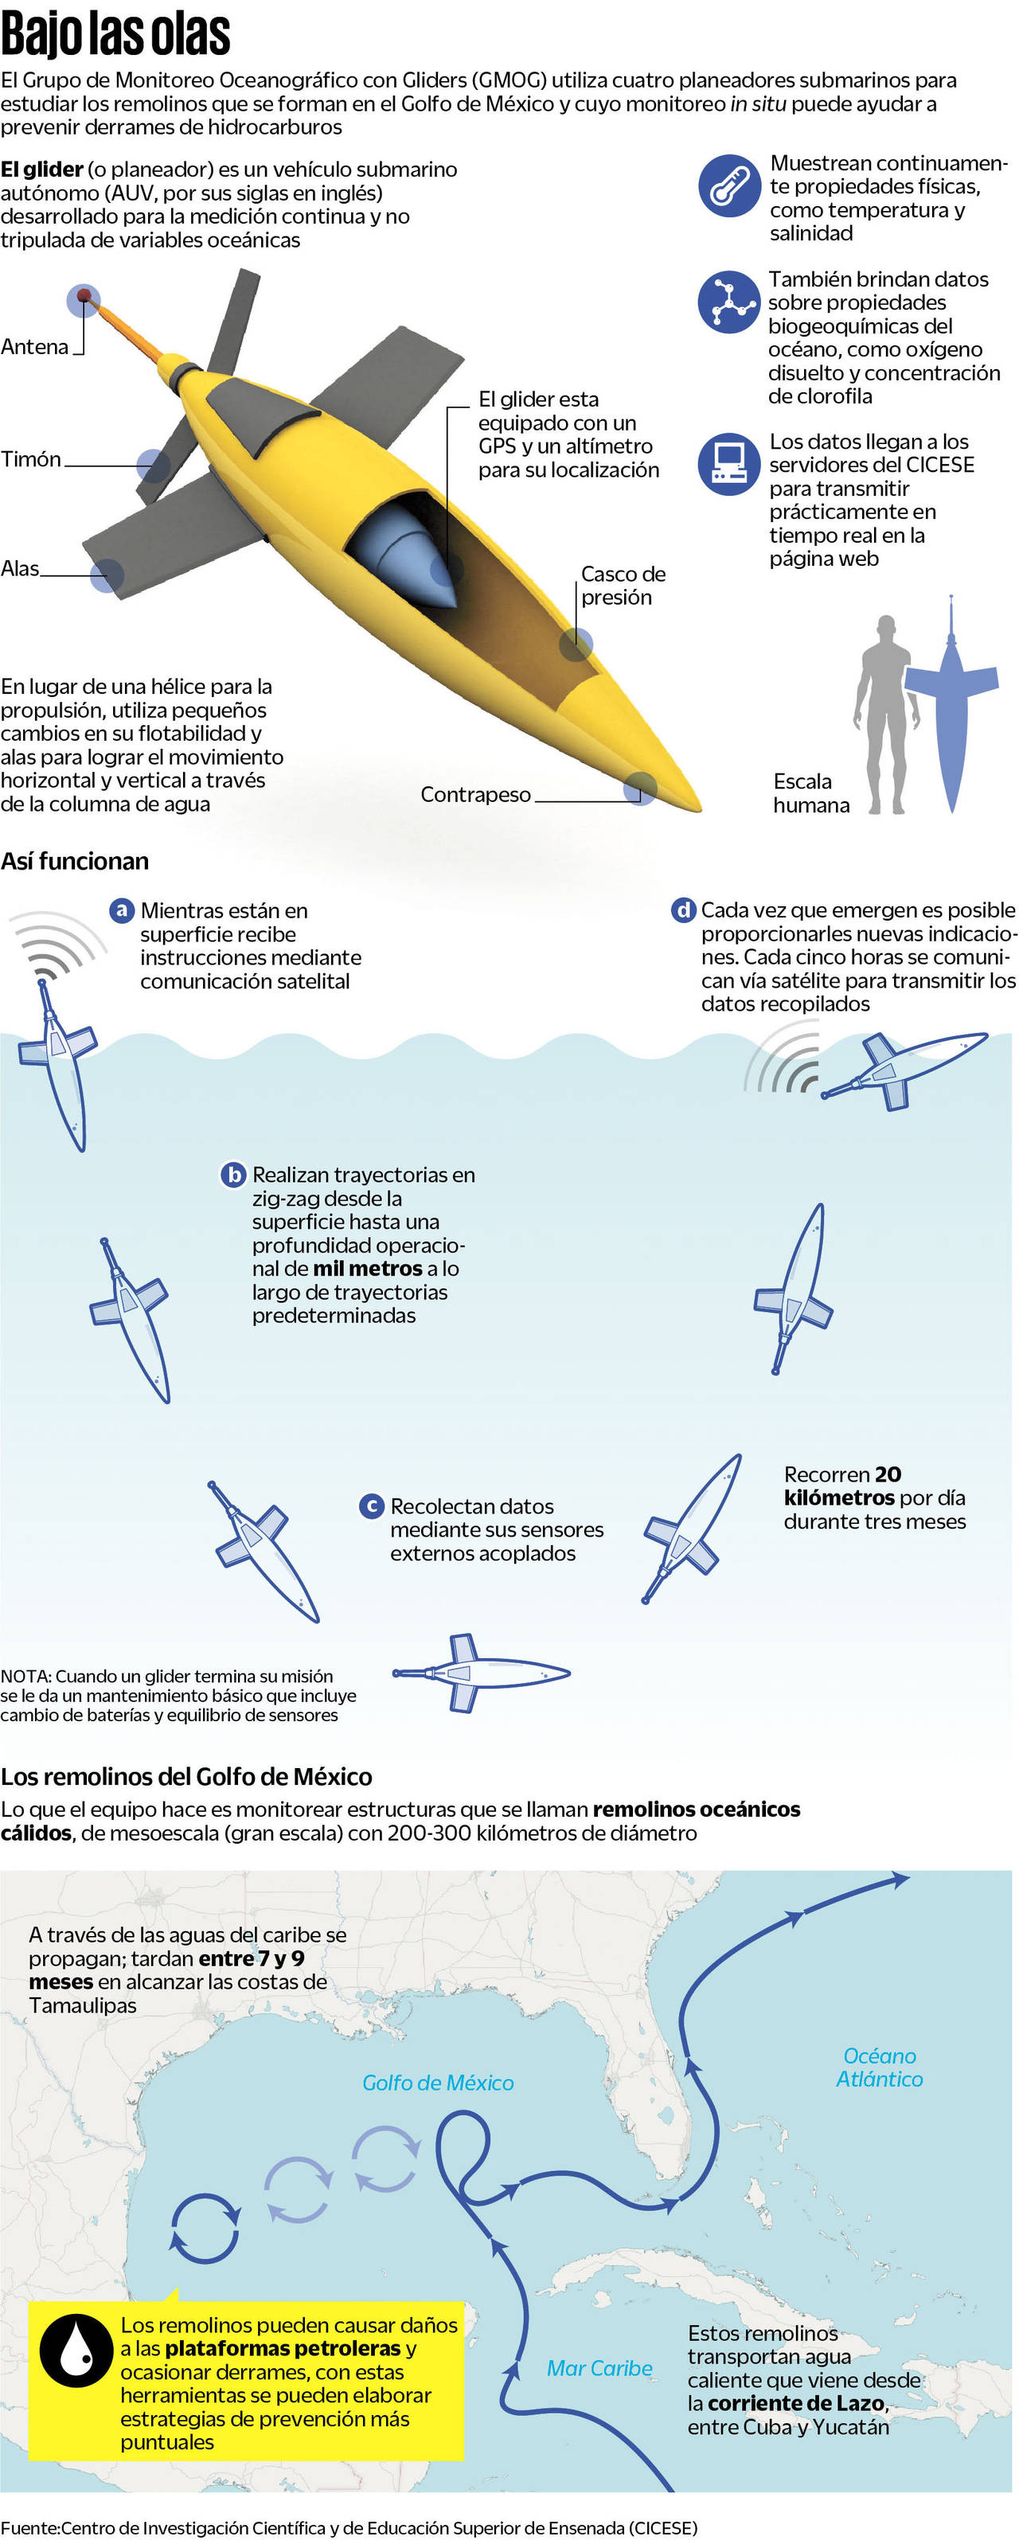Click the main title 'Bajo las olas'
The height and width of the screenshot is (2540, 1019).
tap(115, 33)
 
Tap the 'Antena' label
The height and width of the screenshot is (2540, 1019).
tap(34, 346)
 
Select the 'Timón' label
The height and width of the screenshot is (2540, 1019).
tap(30, 458)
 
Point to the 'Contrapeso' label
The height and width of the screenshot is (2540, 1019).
tap(475, 794)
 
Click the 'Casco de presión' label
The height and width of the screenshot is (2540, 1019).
tap(623, 585)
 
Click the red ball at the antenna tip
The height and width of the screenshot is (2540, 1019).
tap(84, 296)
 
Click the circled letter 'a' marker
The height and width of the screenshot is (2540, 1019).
tap(121, 910)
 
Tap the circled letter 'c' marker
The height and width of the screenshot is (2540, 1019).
tap(372, 1506)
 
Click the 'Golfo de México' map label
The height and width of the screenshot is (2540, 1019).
tap(438, 2082)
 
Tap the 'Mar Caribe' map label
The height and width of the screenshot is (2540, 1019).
tap(599, 2367)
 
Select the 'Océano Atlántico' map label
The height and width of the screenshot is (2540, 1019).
tap(879, 2067)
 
